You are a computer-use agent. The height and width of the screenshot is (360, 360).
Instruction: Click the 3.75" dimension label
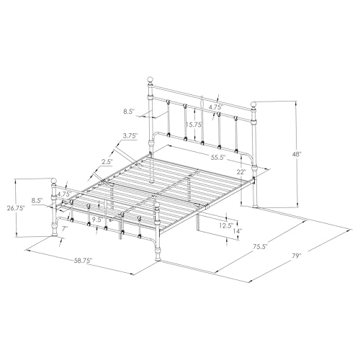click(x=130, y=135)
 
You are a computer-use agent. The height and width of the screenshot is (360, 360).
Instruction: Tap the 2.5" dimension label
click(x=107, y=162)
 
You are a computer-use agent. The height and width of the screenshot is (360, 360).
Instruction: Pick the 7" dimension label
click(x=64, y=228)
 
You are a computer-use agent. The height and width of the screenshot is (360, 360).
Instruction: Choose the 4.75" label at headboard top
click(x=215, y=108)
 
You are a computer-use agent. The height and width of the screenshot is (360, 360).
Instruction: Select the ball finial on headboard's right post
click(x=253, y=104)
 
